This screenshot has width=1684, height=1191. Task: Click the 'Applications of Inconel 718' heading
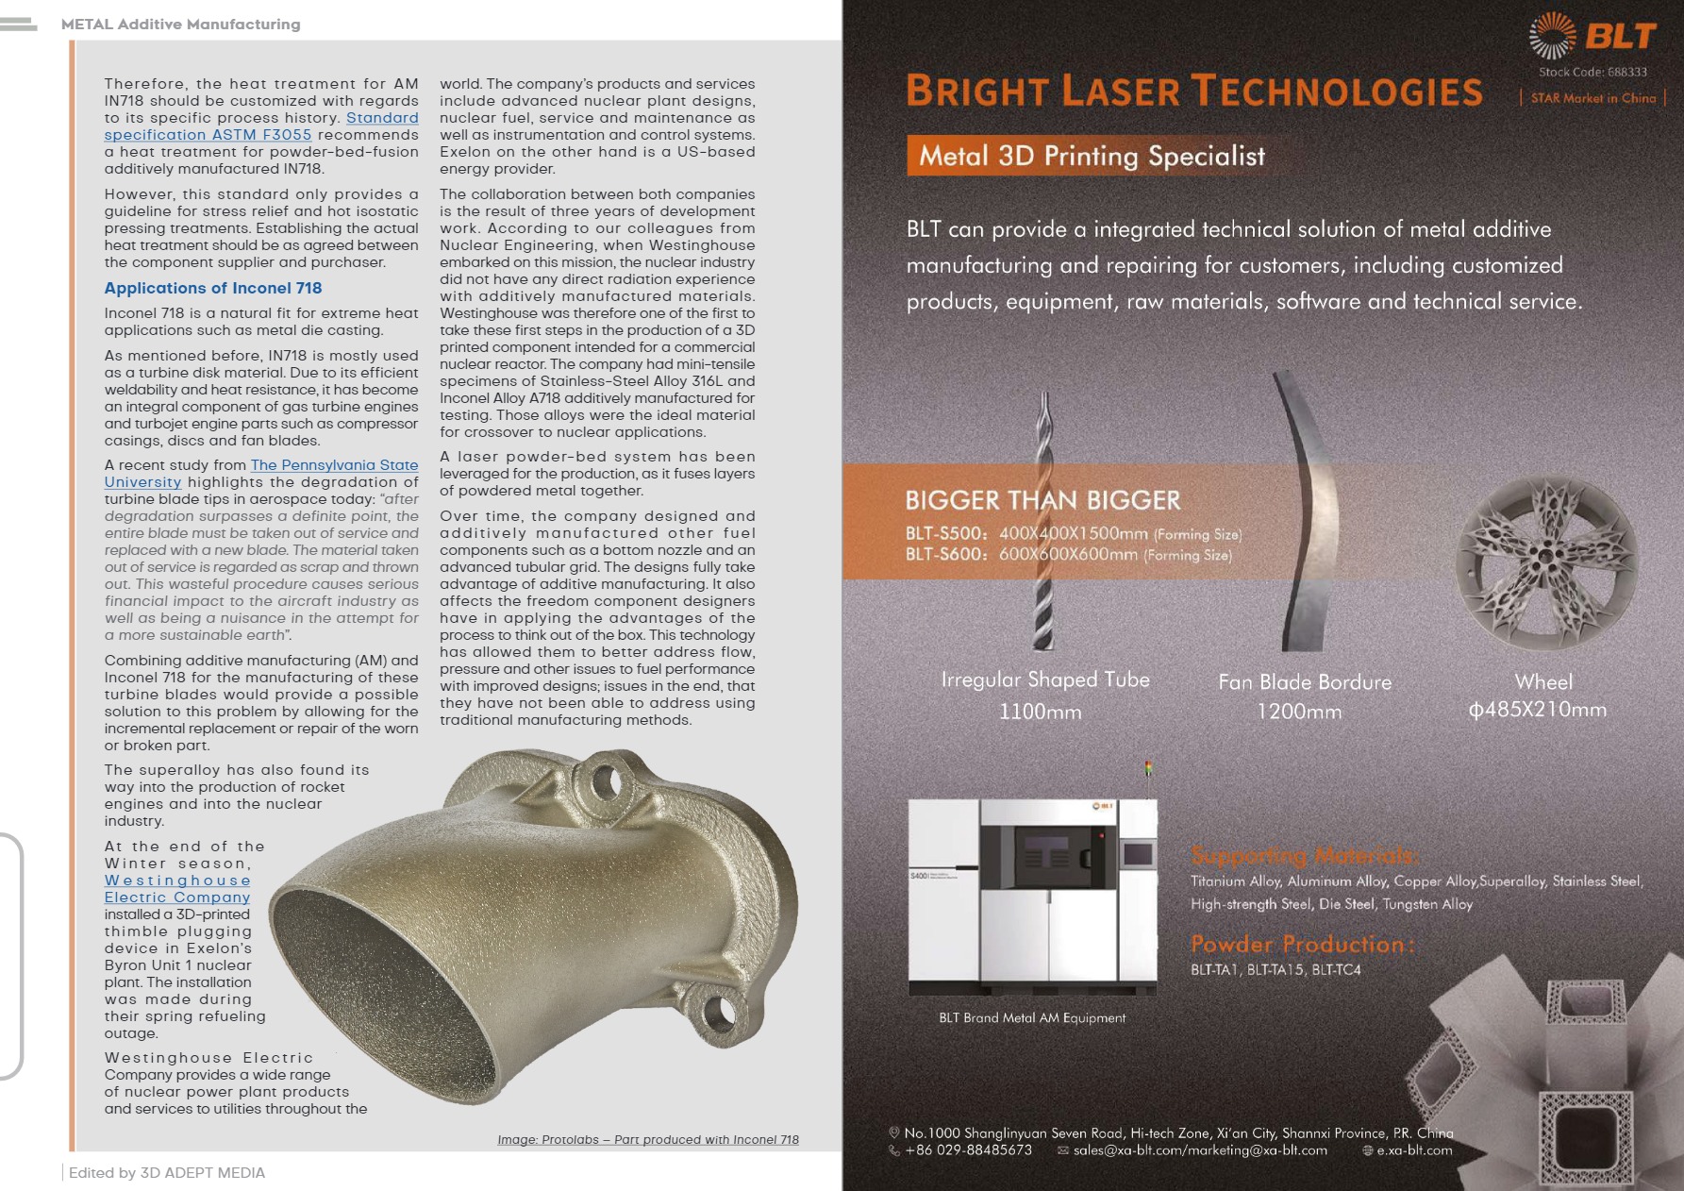tap(213, 288)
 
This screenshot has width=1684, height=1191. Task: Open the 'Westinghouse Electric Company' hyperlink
tap(177, 889)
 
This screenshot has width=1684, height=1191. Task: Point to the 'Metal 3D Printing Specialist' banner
tap(1092, 156)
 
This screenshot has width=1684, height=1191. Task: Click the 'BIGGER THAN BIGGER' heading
tap(1042, 500)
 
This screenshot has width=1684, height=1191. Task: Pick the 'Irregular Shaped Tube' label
tap(1045, 679)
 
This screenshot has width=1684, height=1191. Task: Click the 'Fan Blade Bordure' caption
tap(1305, 682)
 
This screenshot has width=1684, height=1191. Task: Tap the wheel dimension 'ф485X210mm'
tap(1538, 710)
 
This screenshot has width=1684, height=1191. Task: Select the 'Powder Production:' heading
tap(1302, 944)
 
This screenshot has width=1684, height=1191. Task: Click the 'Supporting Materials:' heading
tap(1305, 856)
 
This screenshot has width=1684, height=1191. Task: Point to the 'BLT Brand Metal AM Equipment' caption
tap(1032, 1017)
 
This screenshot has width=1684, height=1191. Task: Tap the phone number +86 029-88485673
tap(968, 1150)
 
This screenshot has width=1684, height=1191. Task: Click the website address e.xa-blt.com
tap(1414, 1150)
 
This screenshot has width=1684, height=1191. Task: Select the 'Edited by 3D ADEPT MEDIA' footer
tap(167, 1173)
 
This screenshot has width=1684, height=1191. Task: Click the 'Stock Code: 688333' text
tap(1592, 72)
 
